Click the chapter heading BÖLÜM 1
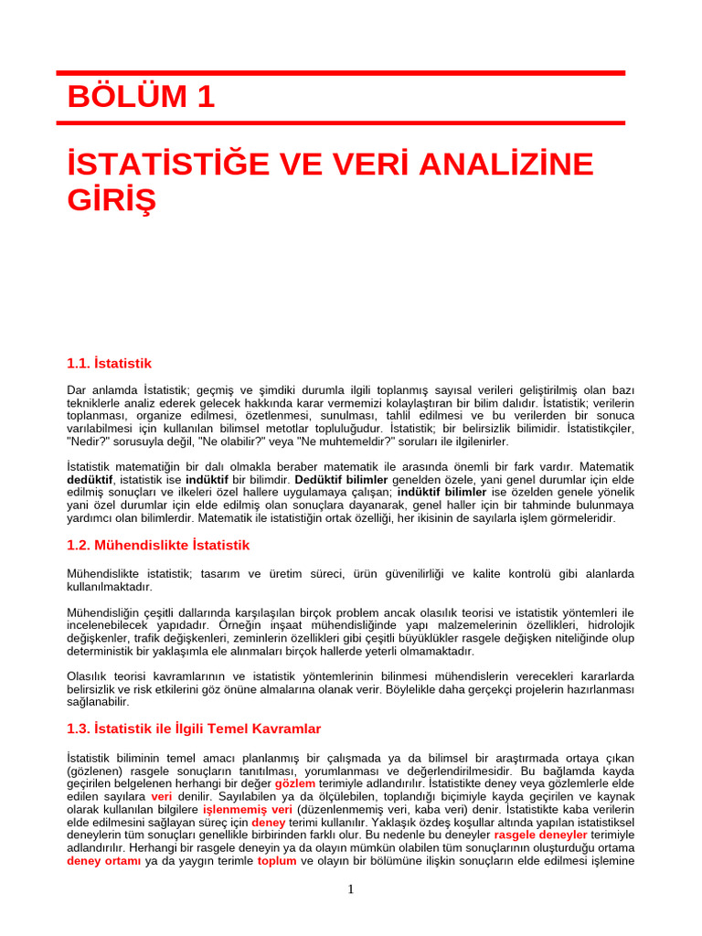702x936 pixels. click(141, 97)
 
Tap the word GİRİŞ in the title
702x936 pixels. click(112, 198)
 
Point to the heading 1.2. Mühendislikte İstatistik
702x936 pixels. click(158, 545)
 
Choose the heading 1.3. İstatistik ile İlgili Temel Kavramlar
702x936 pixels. click(194, 729)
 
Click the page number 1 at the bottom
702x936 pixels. click(351, 889)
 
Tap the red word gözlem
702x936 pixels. click(294, 783)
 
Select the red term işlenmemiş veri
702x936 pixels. click(247, 809)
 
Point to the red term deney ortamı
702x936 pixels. click(103, 860)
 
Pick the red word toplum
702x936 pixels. click(276, 860)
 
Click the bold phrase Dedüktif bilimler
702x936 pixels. click(342, 479)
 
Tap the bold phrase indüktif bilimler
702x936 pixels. click(441, 492)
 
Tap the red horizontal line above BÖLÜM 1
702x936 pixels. click(340, 72)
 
